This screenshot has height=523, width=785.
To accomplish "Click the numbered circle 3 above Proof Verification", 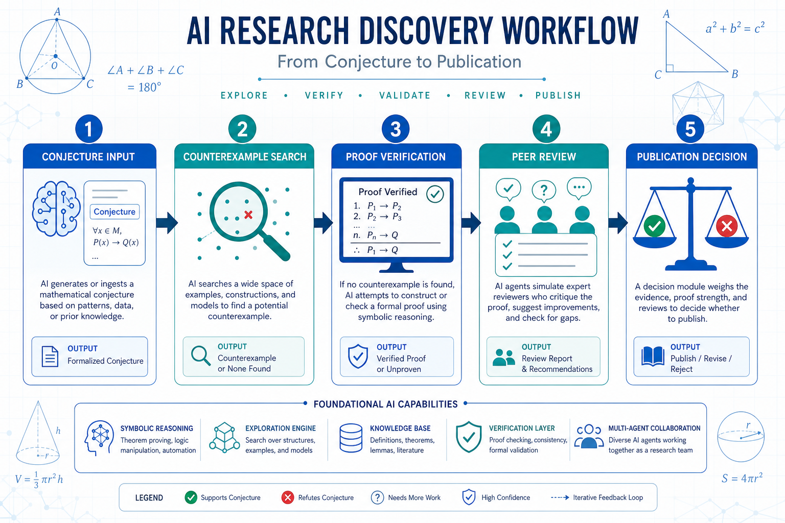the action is coord(396,129).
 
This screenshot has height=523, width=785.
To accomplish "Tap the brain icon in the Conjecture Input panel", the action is coord(56,208).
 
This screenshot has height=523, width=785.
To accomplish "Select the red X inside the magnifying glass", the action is coord(248,215).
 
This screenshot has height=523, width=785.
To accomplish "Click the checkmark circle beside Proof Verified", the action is coord(435,194).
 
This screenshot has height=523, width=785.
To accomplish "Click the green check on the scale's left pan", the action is coord(654,226).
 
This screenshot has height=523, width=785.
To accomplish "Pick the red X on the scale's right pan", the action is coord(727,226).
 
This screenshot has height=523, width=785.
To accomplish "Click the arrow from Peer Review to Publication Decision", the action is coord(618,223).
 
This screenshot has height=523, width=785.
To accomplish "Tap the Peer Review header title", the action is coord(544,157).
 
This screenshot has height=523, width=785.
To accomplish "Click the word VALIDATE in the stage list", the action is coord(405,96).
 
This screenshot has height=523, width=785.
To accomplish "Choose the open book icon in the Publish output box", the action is coord(653,356).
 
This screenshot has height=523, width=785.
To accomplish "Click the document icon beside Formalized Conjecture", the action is coord(50,356).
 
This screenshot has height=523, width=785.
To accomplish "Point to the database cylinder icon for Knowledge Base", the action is coord(351,438).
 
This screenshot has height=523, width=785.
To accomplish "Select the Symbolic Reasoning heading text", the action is coord(157,429).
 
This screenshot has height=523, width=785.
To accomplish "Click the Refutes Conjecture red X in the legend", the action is coord(288,497).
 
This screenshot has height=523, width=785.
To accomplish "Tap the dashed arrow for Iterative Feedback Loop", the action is coord(560,497).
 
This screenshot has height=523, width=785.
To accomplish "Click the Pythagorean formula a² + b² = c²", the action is coord(735,28).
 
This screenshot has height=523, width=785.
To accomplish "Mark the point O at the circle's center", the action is coord(55,56).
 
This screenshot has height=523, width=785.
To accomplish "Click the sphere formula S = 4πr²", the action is coord(742,478).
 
